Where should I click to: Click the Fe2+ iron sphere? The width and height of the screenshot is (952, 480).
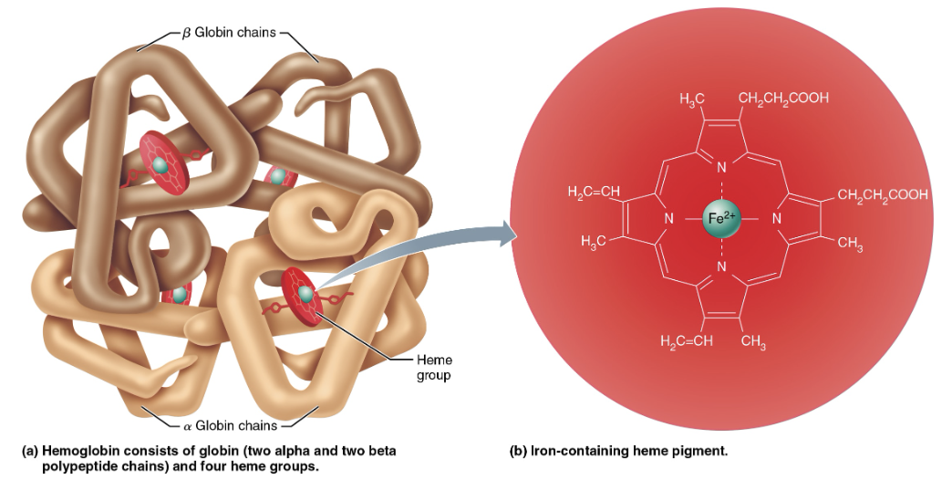[x=721, y=218]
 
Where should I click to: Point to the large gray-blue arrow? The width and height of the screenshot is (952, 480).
[x=429, y=252]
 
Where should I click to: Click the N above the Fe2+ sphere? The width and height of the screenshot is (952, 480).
[x=721, y=168]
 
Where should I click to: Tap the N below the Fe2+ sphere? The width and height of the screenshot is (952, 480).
[x=721, y=267]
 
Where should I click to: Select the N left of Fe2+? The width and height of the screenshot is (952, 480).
[x=667, y=219]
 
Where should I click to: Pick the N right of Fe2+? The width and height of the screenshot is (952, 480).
[x=776, y=219]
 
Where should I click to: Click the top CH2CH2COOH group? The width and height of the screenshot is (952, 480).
[x=783, y=99]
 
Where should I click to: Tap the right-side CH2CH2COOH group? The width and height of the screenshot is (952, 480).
[x=882, y=194]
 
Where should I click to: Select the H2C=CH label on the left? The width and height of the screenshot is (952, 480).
[x=594, y=192]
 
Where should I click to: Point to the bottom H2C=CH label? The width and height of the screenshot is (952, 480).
[x=686, y=341]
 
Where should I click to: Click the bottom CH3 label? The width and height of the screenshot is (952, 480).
[x=753, y=342]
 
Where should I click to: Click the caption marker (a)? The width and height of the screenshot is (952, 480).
[x=30, y=452]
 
